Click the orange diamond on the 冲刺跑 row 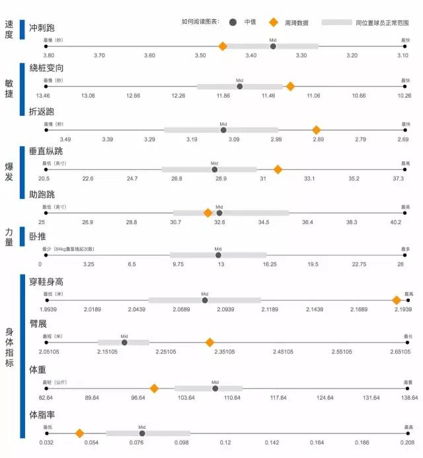pyautogui.click(x=223, y=46)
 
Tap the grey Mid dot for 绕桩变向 pyautogui.click(x=240, y=87)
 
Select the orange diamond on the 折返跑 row pyautogui.click(x=316, y=130)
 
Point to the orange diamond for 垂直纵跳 pyautogui.click(x=278, y=169)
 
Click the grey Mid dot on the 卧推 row pyautogui.click(x=218, y=255)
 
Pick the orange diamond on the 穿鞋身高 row pyautogui.click(x=397, y=300)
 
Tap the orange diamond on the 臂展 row pyautogui.click(x=210, y=342)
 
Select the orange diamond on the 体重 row pyautogui.click(x=154, y=389)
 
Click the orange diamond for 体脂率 pyautogui.click(x=79, y=434)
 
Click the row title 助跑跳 pyautogui.click(x=42, y=195)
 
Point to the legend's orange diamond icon pyautogui.click(x=273, y=22)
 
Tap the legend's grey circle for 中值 pyautogui.click(x=233, y=22)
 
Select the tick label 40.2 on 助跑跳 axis pyautogui.click(x=395, y=222)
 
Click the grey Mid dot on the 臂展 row pyautogui.click(x=124, y=342)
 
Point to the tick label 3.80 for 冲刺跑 pyautogui.click(x=48, y=56)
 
